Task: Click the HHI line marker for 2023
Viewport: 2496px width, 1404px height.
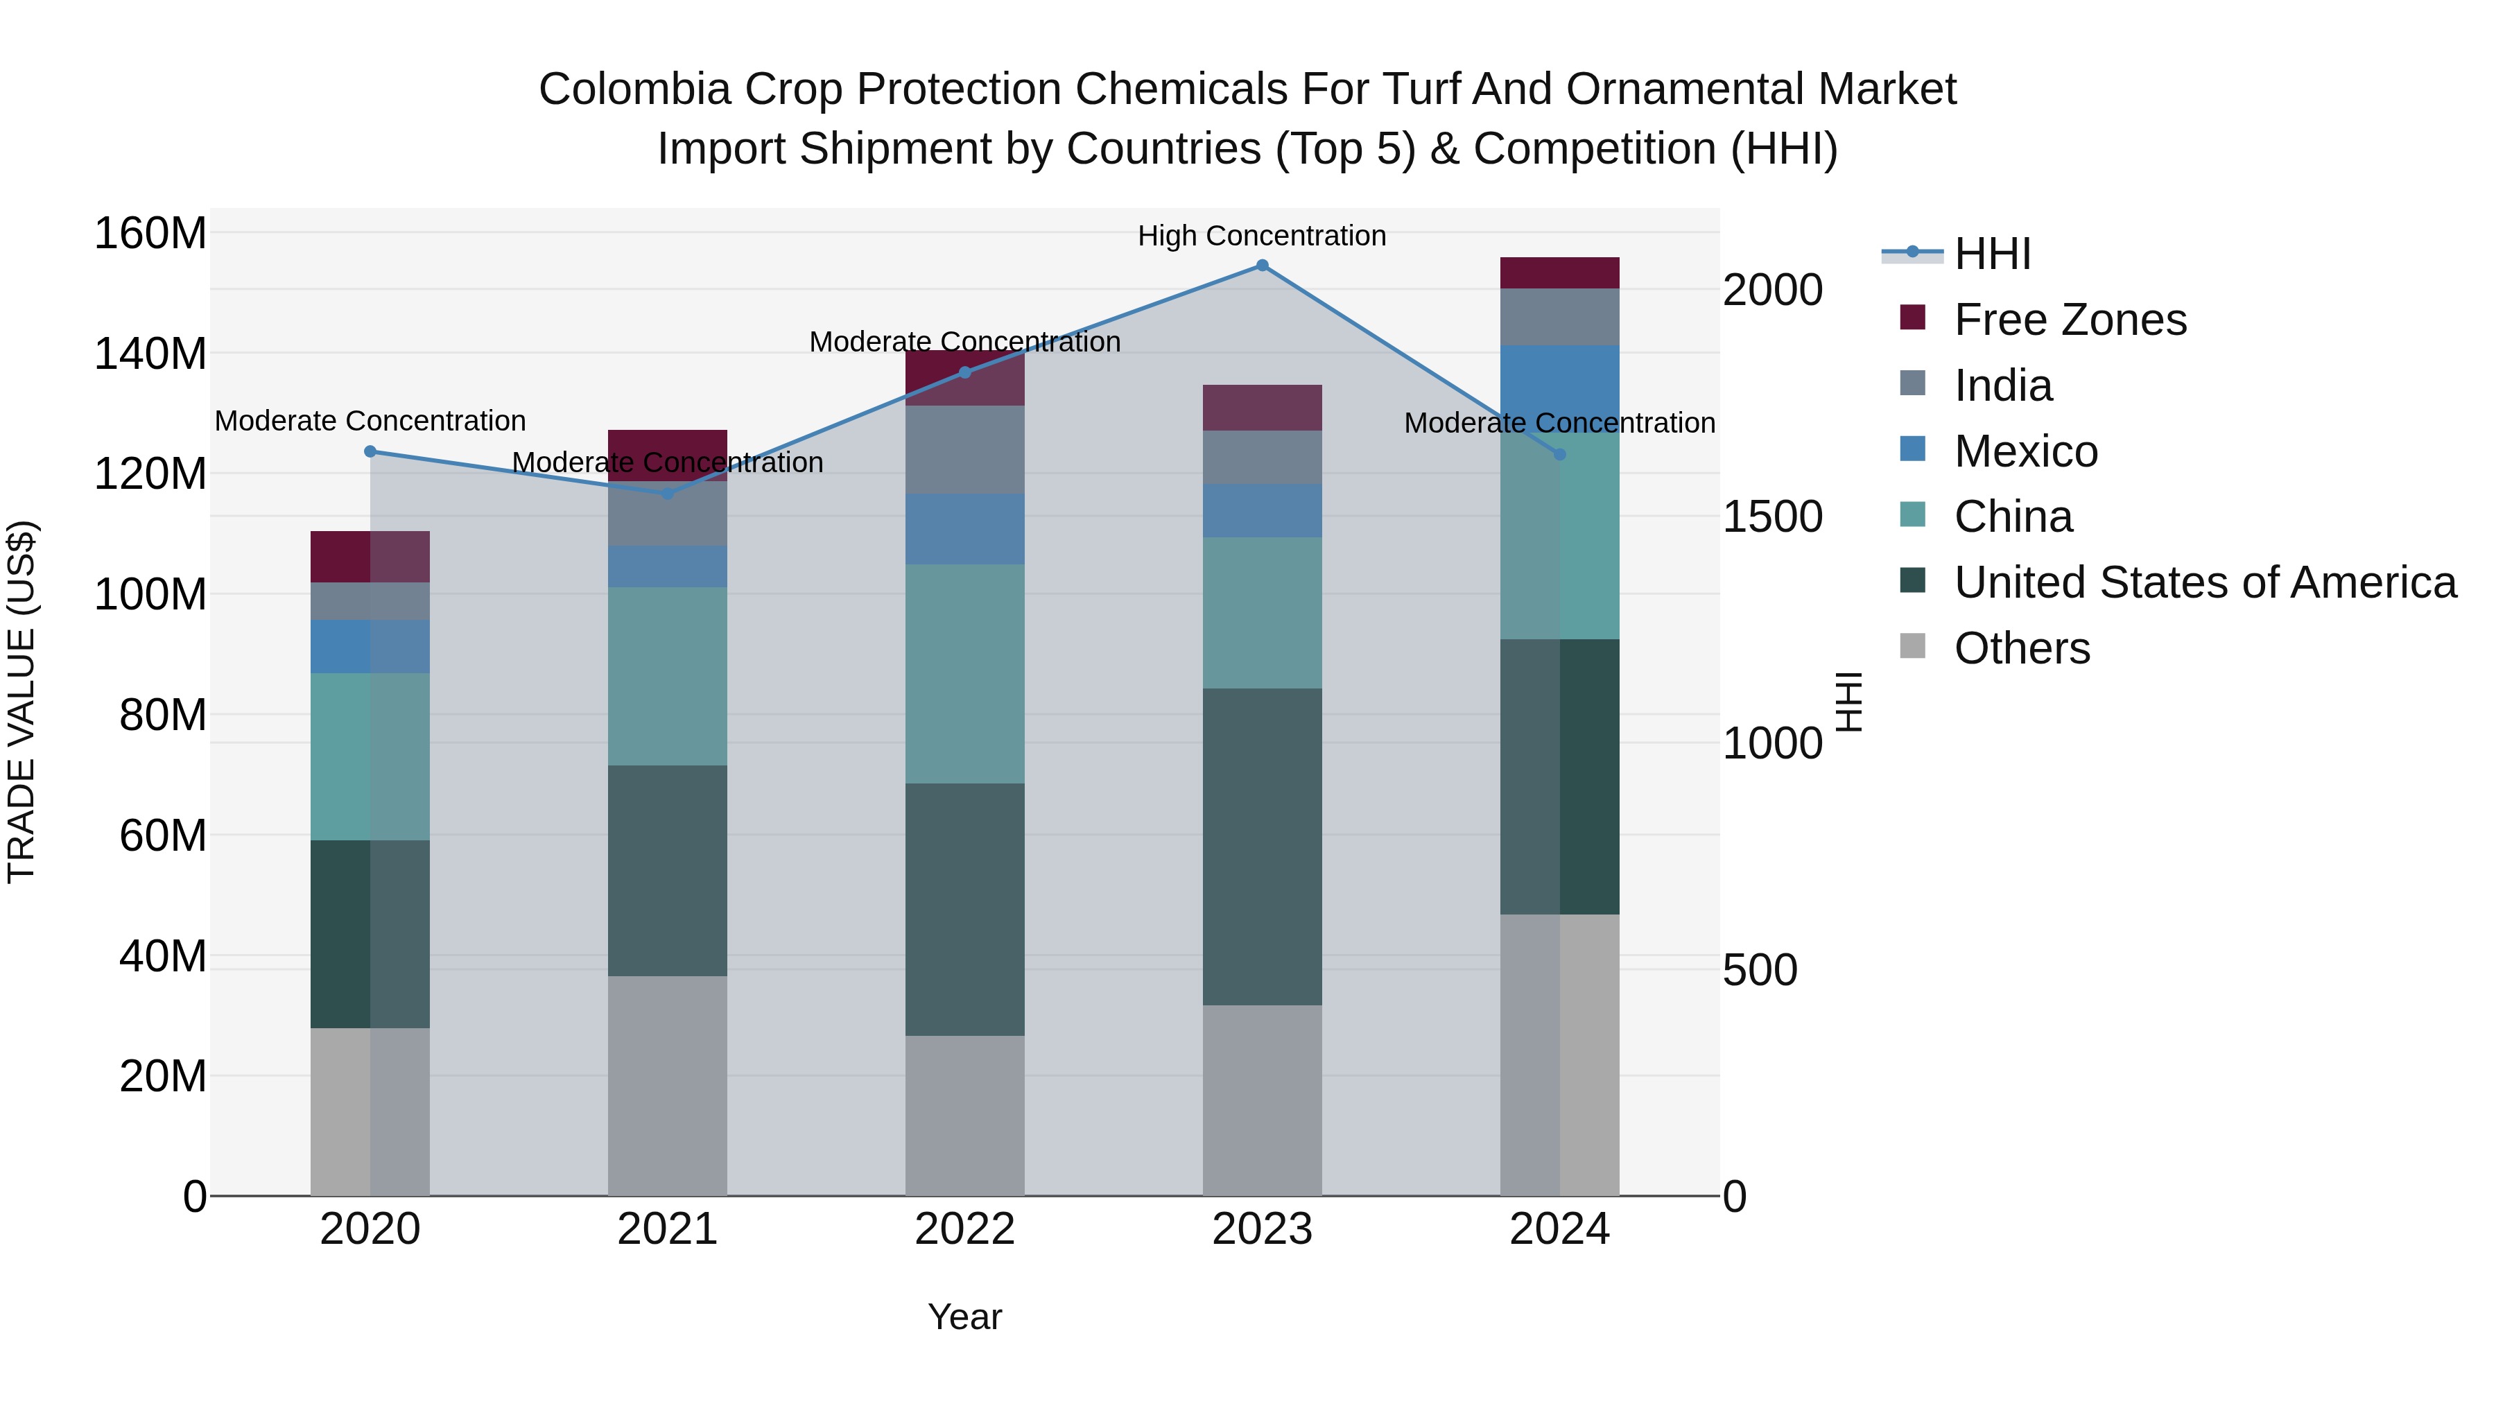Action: (x=1262, y=266)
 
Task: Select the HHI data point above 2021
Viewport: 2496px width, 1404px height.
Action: (x=668, y=493)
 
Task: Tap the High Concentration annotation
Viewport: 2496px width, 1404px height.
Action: (x=1262, y=236)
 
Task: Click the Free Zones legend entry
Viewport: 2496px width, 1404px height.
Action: (x=2070, y=320)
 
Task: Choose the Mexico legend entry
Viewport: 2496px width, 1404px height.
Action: (x=2025, y=451)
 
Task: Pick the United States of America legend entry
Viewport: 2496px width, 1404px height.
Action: (x=2204, y=582)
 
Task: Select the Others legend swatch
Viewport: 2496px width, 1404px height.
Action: (x=1913, y=646)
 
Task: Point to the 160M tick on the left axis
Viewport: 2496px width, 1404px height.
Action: (x=150, y=234)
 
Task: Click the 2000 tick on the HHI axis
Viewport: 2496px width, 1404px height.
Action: (x=1772, y=290)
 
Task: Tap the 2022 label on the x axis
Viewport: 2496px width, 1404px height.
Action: (x=964, y=1229)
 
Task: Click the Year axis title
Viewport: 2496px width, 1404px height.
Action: (x=964, y=1317)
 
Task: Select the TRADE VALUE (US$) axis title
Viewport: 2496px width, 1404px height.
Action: (x=21, y=702)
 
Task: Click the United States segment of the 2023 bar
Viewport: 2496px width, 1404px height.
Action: (x=1262, y=846)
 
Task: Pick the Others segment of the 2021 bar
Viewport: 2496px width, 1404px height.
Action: (x=668, y=1085)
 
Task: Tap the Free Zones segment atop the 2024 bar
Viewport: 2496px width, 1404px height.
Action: (x=1559, y=272)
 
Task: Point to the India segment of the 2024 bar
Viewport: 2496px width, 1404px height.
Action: (x=1559, y=317)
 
